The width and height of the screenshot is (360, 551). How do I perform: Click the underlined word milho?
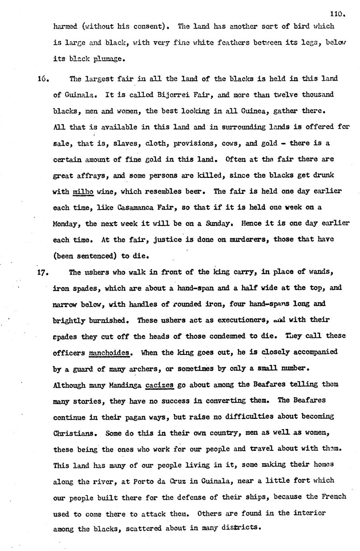click(x=83, y=192)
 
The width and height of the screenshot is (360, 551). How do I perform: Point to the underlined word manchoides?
click(x=109, y=353)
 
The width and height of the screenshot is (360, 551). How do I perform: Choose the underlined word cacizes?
click(x=159, y=385)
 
